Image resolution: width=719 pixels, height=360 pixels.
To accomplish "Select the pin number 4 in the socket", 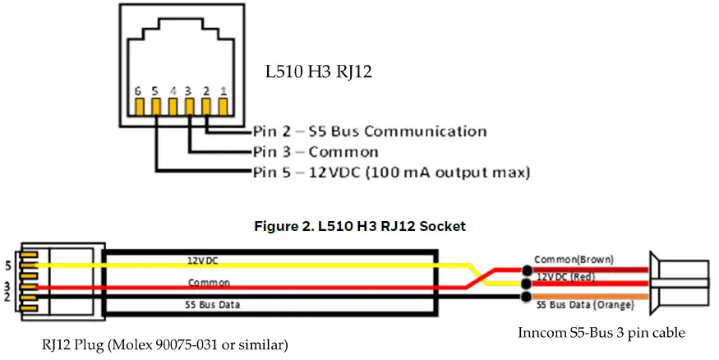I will click(173, 90).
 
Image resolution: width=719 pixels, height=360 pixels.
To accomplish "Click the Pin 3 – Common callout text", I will click(316, 152).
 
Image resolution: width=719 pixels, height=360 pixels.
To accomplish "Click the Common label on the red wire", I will click(204, 282).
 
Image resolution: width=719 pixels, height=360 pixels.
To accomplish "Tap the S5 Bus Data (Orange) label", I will click(585, 305).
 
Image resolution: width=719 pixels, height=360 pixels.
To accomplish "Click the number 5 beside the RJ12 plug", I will click(7, 265).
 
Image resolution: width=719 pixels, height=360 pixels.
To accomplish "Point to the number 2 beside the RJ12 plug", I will click(7, 295).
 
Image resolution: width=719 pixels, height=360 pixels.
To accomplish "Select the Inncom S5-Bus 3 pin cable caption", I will click(601, 333).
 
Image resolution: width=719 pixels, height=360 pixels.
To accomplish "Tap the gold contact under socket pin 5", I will click(156, 106).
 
